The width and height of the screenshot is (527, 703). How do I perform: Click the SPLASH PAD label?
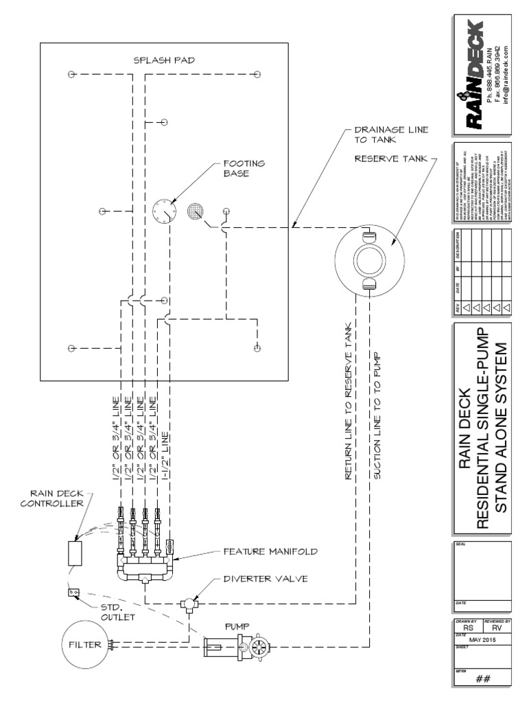(164, 60)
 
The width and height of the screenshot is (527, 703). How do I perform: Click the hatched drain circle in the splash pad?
(196, 212)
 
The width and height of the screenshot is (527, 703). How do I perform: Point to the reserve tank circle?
(370, 261)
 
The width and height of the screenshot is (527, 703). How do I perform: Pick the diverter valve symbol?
(187, 604)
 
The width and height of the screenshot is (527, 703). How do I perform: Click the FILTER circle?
(85, 645)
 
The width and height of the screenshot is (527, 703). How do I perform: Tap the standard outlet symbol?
(71, 592)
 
